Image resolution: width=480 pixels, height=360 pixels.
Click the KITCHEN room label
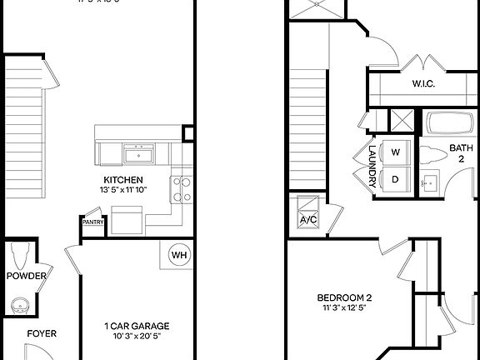(122, 180)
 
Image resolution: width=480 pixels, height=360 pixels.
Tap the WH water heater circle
(179, 255)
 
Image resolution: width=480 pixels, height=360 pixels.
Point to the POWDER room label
(26, 276)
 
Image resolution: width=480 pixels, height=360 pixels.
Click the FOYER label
(42, 334)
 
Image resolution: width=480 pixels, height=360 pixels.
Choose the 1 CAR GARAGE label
(137, 326)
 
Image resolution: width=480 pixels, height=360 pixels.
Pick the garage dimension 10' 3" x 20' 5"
(137, 337)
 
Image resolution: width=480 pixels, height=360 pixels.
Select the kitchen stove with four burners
(182, 189)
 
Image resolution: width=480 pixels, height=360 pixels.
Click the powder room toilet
(22, 252)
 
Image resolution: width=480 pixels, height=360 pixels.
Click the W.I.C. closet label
(424, 84)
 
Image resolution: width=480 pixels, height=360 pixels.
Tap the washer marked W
(396, 152)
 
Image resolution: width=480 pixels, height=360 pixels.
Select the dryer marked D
(396, 177)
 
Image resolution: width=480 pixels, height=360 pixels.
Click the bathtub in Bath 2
(451, 123)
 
